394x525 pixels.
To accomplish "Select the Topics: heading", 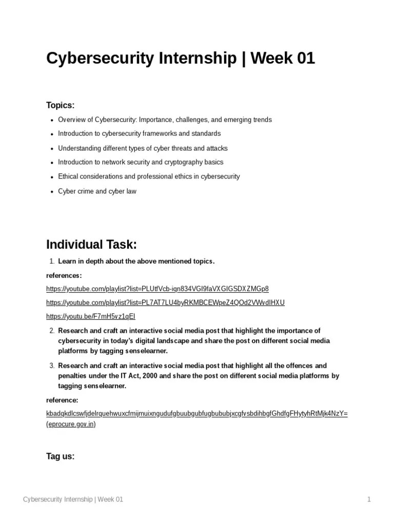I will click(61, 105).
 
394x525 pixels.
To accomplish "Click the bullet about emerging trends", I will click(165, 119).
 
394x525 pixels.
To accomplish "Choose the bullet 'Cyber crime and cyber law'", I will click(97, 191).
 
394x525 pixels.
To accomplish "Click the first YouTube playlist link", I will click(157, 288).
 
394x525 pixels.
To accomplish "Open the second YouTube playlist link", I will click(165, 302).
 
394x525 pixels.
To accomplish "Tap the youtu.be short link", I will click(91, 316).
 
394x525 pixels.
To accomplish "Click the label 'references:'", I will click(64, 275).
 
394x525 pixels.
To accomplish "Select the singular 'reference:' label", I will click(62, 400).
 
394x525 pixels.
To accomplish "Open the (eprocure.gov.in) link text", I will click(71, 425).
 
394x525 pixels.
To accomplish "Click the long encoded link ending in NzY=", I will click(197, 413).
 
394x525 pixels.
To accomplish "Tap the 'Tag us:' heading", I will click(61, 456).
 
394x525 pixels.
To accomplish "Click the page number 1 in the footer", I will click(368, 499).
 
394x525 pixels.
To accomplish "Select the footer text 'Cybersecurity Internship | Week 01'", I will click(73, 499).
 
